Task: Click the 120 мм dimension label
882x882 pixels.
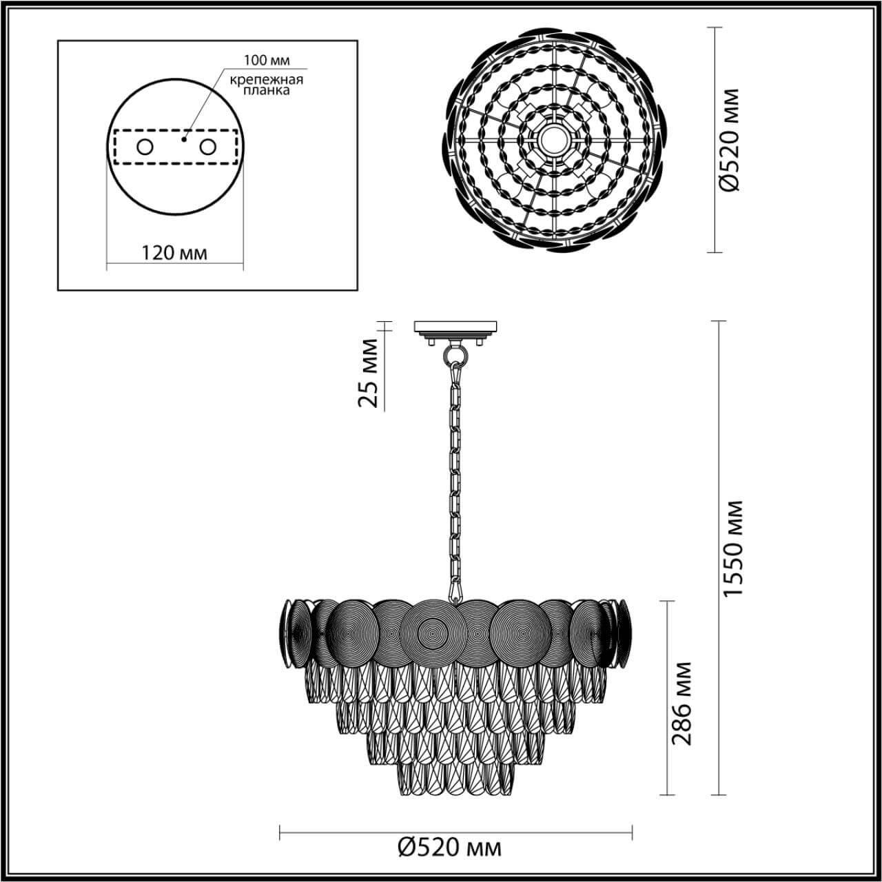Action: click(174, 252)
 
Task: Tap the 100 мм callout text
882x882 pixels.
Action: click(265, 59)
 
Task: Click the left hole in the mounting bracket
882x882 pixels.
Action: click(145, 147)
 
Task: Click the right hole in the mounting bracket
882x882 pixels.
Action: click(207, 147)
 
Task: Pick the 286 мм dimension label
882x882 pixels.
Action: click(681, 703)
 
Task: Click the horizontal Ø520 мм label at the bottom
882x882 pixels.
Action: click(450, 847)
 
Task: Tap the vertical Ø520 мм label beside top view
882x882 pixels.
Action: click(728, 140)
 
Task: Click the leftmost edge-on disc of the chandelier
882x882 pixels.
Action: click(286, 633)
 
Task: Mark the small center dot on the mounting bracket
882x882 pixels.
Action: click(183, 139)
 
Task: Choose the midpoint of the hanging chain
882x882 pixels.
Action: click(454, 475)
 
